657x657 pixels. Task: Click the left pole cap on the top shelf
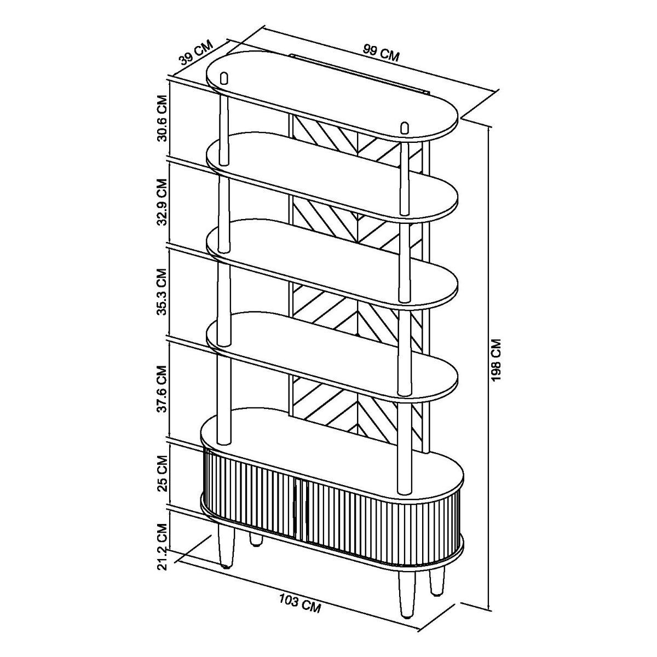point(224,78)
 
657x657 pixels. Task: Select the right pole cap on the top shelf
point(405,128)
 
